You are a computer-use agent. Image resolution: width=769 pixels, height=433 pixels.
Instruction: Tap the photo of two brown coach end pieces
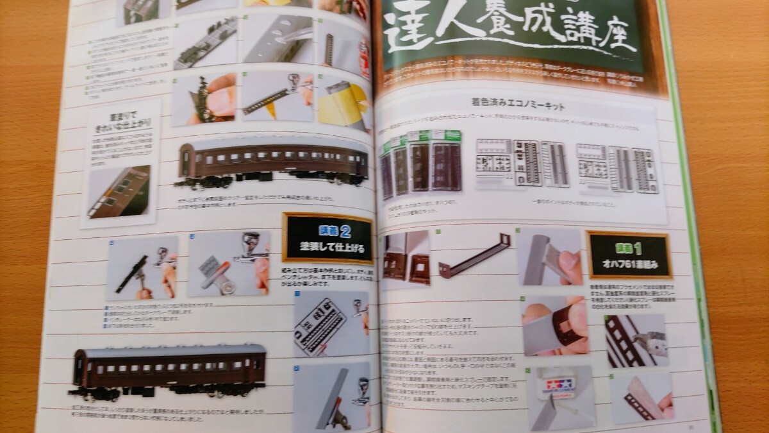[x=406, y=258]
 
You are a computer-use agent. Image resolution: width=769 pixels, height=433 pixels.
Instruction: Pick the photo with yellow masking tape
[x=343, y=103]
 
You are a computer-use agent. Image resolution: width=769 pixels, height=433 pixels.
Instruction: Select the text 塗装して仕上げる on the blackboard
[x=327, y=248]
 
